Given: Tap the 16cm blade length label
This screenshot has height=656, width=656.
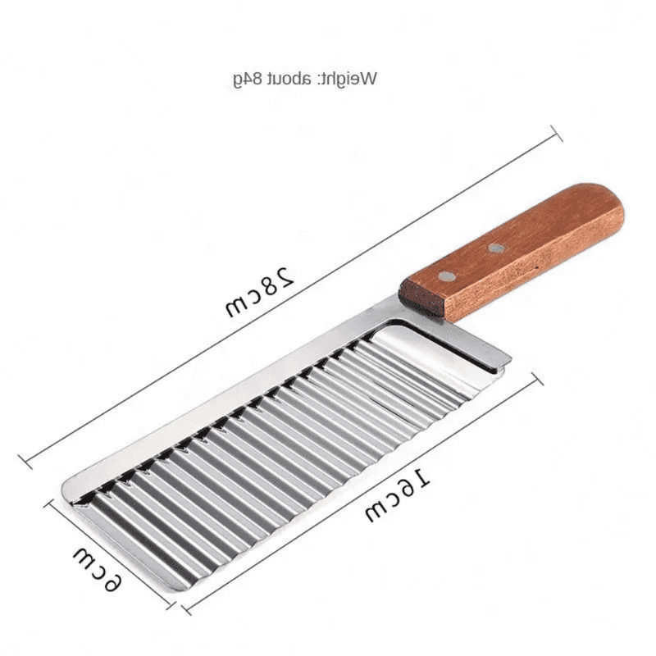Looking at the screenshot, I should tap(399, 495).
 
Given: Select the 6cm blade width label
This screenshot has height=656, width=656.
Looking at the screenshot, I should tap(98, 567).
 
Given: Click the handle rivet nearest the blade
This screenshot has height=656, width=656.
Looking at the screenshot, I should tap(444, 276).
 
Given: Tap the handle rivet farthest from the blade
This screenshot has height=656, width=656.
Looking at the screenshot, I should tap(496, 248).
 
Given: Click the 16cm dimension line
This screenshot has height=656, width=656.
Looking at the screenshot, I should tap(361, 492).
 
